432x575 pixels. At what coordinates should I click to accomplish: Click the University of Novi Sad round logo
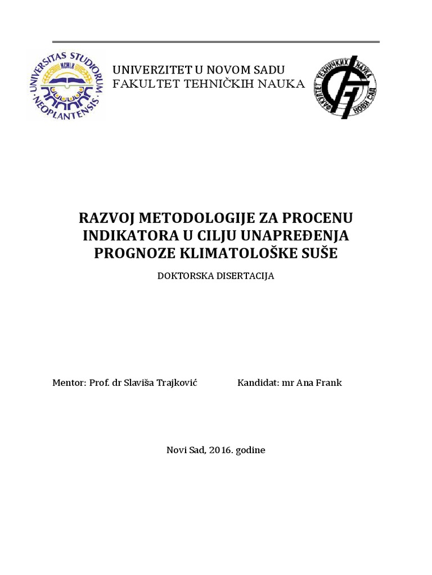(x=66, y=86)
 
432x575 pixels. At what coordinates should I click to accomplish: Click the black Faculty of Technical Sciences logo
(x=345, y=86)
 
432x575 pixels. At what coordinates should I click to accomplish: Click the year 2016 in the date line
(x=220, y=450)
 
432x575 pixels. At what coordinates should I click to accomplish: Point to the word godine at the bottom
(x=250, y=450)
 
